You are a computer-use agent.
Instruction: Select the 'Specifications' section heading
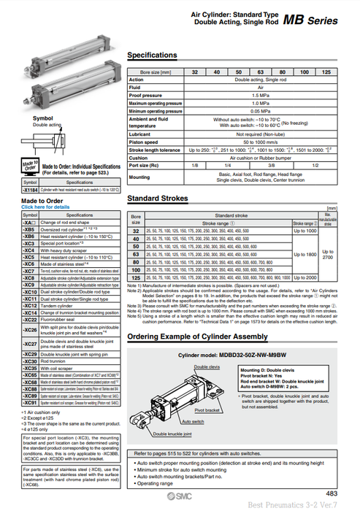tap(152, 55)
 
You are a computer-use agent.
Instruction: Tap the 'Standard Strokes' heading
tap(158, 199)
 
